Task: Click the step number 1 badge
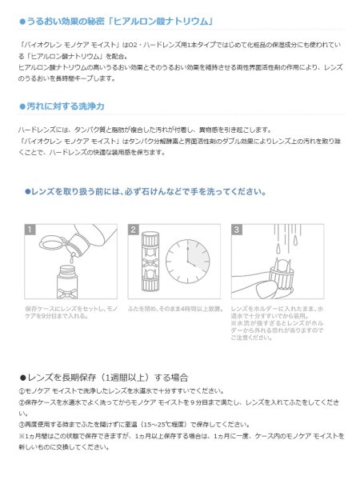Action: [x=31, y=230]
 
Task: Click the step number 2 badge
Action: [x=134, y=230]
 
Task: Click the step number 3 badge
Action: [x=237, y=230]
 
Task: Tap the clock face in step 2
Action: [x=190, y=261]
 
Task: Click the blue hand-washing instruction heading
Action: [x=145, y=192]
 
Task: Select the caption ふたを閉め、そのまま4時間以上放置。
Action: [x=173, y=308]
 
